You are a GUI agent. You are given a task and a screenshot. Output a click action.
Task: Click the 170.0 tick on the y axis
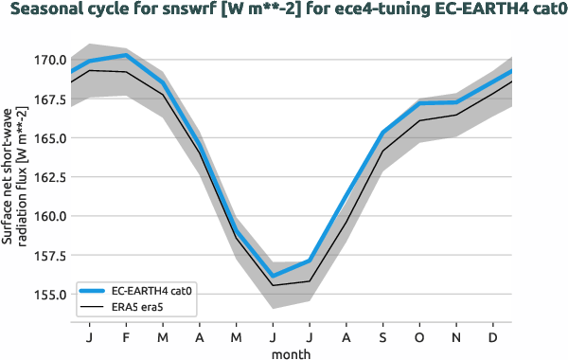[x=46, y=60]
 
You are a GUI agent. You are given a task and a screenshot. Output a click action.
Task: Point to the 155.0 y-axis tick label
[x=46, y=294]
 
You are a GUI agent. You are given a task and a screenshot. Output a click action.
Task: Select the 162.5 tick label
[x=46, y=177]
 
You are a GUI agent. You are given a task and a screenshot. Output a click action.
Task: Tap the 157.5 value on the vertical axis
[x=46, y=255]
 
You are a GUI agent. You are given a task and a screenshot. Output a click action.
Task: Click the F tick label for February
[x=127, y=337]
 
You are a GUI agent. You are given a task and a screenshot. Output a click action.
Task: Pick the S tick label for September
[x=383, y=337]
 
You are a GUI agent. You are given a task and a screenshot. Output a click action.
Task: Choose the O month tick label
[x=419, y=337]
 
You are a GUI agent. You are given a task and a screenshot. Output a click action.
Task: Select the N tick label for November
[x=456, y=337]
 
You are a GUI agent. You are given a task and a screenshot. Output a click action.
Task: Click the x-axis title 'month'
[x=291, y=353]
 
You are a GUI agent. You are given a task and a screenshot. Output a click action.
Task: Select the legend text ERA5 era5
[x=138, y=308]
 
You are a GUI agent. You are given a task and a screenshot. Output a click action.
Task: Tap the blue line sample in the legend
[x=93, y=292]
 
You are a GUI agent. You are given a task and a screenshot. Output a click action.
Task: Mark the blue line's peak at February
[x=127, y=55]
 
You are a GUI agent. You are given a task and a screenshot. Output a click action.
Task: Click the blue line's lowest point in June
[x=273, y=276]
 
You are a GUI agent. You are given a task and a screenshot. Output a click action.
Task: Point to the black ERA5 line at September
[x=383, y=150]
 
